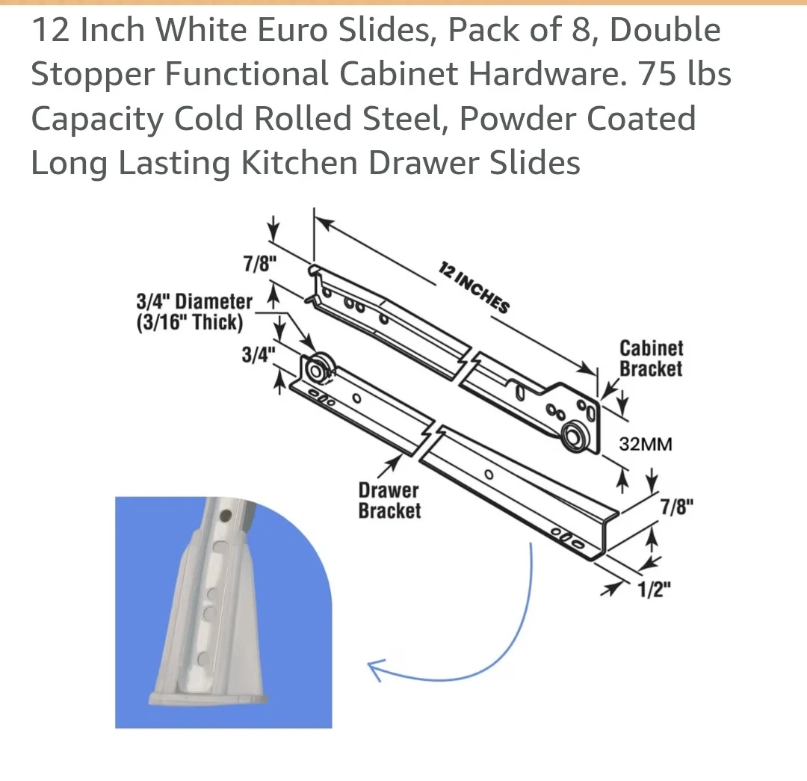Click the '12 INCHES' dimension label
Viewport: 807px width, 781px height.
(x=474, y=287)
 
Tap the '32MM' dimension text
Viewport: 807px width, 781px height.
(x=646, y=444)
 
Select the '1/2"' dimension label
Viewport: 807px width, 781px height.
(x=654, y=590)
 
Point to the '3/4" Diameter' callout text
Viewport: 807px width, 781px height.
(x=194, y=301)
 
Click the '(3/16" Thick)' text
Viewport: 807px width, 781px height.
(x=189, y=322)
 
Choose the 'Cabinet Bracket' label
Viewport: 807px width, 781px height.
(x=651, y=358)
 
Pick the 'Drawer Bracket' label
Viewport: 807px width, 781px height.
(x=389, y=501)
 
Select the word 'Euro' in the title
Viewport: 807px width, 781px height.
(x=292, y=30)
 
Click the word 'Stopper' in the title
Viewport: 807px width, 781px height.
(x=93, y=75)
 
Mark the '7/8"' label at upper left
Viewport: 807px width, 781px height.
(x=259, y=264)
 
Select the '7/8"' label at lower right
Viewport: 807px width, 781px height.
(x=677, y=507)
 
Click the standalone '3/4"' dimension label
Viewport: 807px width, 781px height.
(x=259, y=355)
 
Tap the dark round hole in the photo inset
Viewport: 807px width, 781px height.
(x=225, y=515)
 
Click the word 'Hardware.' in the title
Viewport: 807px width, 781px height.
(x=547, y=74)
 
